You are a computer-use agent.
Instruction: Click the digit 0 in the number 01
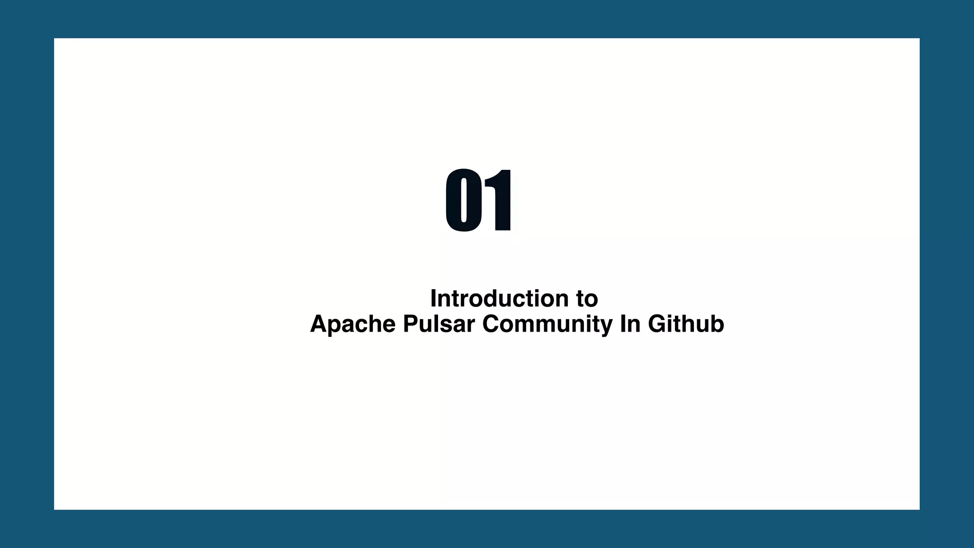(x=464, y=200)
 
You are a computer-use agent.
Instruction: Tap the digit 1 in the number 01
(x=499, y=200)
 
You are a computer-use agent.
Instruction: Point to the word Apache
(x=353, y=324)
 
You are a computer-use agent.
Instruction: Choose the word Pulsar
(x=438, y=324)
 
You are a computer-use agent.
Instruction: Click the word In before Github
(x=630, y=324)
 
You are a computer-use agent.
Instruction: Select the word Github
(x=686, y=324)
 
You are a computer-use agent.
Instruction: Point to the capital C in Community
(x=492, y=324)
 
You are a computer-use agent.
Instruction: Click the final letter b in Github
(x=717, y=324)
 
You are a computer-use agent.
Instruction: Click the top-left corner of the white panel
(x=54, y=39)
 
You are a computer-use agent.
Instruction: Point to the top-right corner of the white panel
(x=919, y=39)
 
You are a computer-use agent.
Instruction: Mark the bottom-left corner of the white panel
(x=54, y=509)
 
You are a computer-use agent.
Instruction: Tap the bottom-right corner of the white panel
(x=919, y=509)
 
